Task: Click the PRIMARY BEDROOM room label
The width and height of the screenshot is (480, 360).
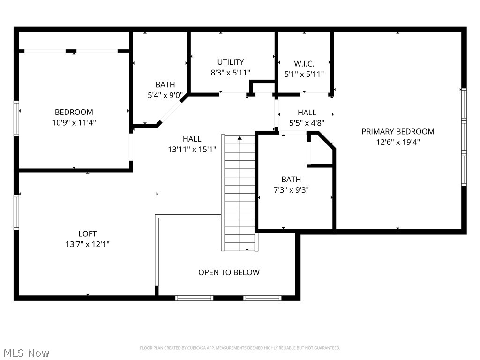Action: [x=397, y=131]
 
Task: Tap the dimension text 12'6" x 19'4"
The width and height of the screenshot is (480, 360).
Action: [x=397, y=142]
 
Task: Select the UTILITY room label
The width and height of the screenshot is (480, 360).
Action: [x=230, y=62]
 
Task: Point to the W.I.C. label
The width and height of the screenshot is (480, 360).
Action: [x=304, y=63]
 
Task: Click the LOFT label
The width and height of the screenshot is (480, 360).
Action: [x=88, y=233]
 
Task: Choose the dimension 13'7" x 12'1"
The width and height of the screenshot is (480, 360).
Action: [x=88, y=244]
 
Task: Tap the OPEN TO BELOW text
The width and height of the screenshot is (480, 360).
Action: [x=229, y=272]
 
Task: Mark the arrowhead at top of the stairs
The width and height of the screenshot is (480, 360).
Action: [x=240, y=138]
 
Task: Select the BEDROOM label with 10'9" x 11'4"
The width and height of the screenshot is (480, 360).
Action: [x=74, y=112]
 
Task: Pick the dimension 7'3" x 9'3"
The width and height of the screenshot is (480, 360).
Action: [x=291, y=190]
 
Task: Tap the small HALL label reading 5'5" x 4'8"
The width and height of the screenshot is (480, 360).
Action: [x=307, y=112]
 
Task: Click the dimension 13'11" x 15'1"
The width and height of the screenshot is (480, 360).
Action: [x=192, y=149]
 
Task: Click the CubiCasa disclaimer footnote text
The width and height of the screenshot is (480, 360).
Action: [x=240, y=348]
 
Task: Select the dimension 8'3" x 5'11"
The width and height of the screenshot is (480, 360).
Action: [x=230, y=73]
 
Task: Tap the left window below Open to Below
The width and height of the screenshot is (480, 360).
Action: [x=194, y=298]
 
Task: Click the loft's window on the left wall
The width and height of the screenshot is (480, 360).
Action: [x=16, y=212]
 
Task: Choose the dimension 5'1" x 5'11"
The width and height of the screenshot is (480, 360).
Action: [x=304, y=74]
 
